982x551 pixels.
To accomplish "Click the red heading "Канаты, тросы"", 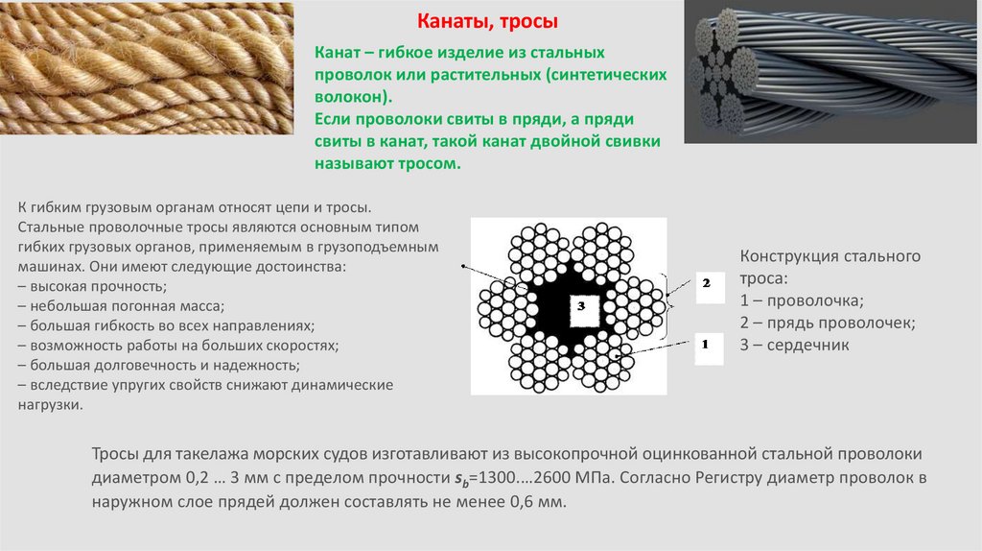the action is coord(487,22).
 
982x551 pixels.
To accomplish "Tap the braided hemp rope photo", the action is coord(147,68).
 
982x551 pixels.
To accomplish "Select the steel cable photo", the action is coord(830,71).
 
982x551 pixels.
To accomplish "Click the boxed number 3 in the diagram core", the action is coord(584,311).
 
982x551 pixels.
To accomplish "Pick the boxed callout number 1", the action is coord(709,348).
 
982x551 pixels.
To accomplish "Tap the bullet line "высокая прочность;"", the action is coord(92,286).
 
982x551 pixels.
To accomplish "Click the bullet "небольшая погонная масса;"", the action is coord(121,306).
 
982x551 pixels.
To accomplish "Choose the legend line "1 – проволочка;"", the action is coord(802,300).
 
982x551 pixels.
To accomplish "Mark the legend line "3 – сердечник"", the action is coord(794,345).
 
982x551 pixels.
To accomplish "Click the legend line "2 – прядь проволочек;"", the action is coord(828,323).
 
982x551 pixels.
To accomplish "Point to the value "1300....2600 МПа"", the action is coord(545,478).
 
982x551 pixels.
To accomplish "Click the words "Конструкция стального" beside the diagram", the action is coord(830,256).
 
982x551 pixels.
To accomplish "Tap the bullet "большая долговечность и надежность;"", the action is coord(158,366).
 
